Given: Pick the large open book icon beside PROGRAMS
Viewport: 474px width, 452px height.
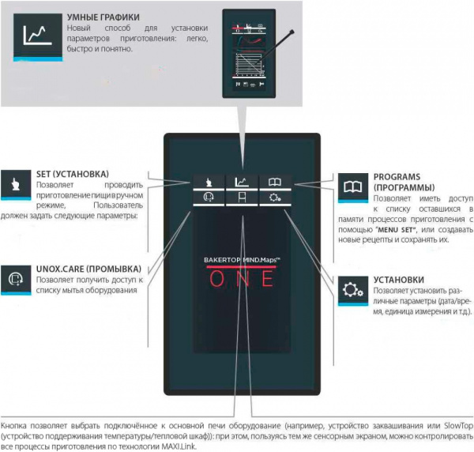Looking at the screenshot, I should tap(350, 188).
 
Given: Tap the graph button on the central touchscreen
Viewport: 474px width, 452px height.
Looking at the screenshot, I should tap(239, 182).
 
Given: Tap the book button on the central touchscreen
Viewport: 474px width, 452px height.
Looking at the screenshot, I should tap(273, 182).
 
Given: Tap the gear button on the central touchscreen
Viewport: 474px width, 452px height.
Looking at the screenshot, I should tap(273, 198).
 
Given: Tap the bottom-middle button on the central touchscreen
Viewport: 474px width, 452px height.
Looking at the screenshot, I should tap(239, 198).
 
